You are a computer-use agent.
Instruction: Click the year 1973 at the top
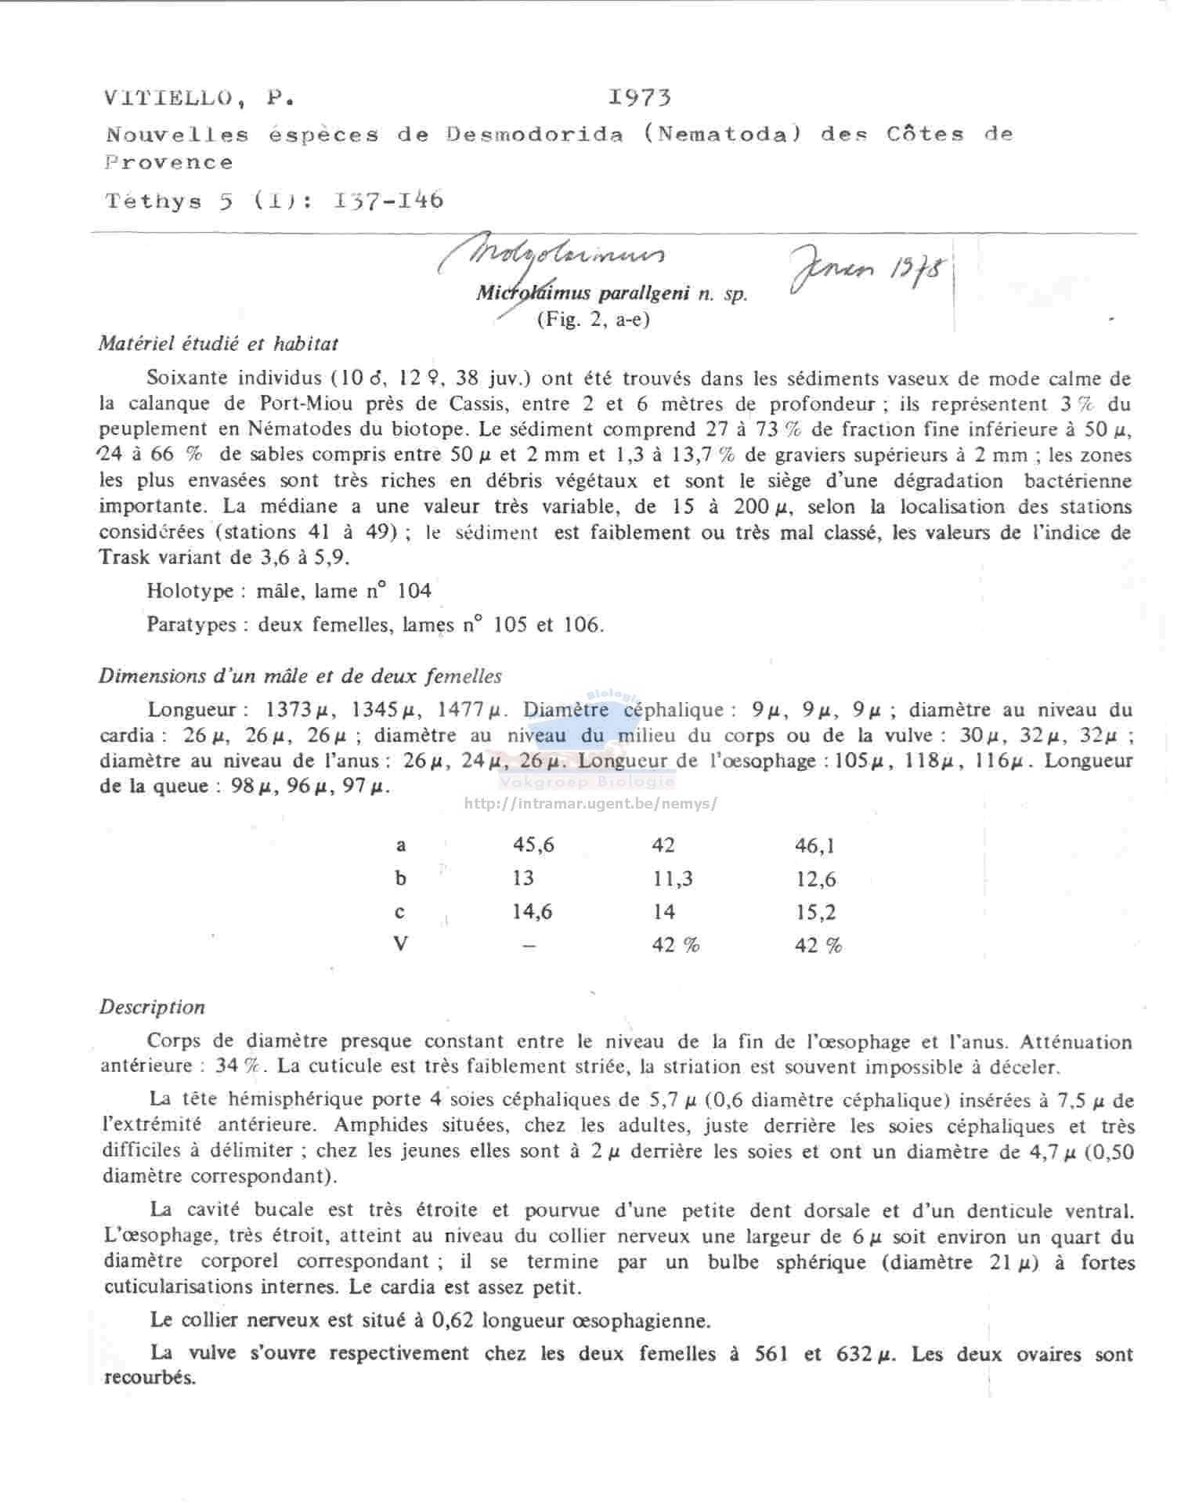[x=640, y=98]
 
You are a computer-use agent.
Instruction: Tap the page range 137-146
[x=388, y=201]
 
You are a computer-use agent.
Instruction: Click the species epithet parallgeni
[x=644, y=294]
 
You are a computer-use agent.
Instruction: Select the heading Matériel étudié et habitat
[x=218, y=343]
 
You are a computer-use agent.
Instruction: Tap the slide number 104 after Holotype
[x=414, y=591]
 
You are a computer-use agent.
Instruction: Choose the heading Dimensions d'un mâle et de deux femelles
[x=300, y=676]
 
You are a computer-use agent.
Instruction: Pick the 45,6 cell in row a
[x=533, y=845]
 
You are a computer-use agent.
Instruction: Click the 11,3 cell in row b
[x=673, y=878]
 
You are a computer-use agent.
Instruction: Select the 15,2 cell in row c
[x=815, y=912]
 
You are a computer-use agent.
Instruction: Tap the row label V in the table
[x=401, y=944]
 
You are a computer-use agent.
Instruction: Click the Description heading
[x=152, y=1008]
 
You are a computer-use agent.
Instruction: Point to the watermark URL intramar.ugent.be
[x=590, y=803]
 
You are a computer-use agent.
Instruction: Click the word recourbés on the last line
[x=150, y=1378]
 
